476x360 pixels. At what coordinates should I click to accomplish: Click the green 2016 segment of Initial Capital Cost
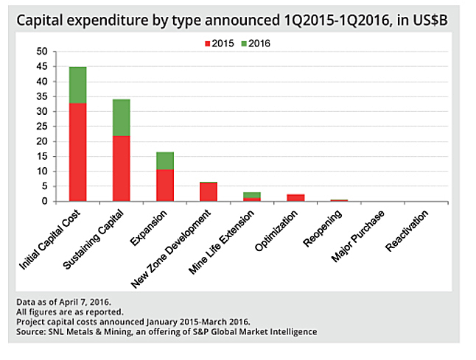coord(77,85)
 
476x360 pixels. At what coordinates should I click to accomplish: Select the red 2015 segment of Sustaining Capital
coord(121,168)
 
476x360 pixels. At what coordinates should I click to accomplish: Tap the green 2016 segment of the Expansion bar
coord(164,160)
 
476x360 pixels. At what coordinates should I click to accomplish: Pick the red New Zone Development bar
coord(209,191)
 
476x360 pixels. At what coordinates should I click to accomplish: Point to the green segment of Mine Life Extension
coord(252,195)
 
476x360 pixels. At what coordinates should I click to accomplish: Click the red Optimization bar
coord(295,197)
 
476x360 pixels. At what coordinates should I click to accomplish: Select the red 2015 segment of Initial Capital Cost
coord(77,152)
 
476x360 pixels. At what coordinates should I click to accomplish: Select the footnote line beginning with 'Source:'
coord(166,332)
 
